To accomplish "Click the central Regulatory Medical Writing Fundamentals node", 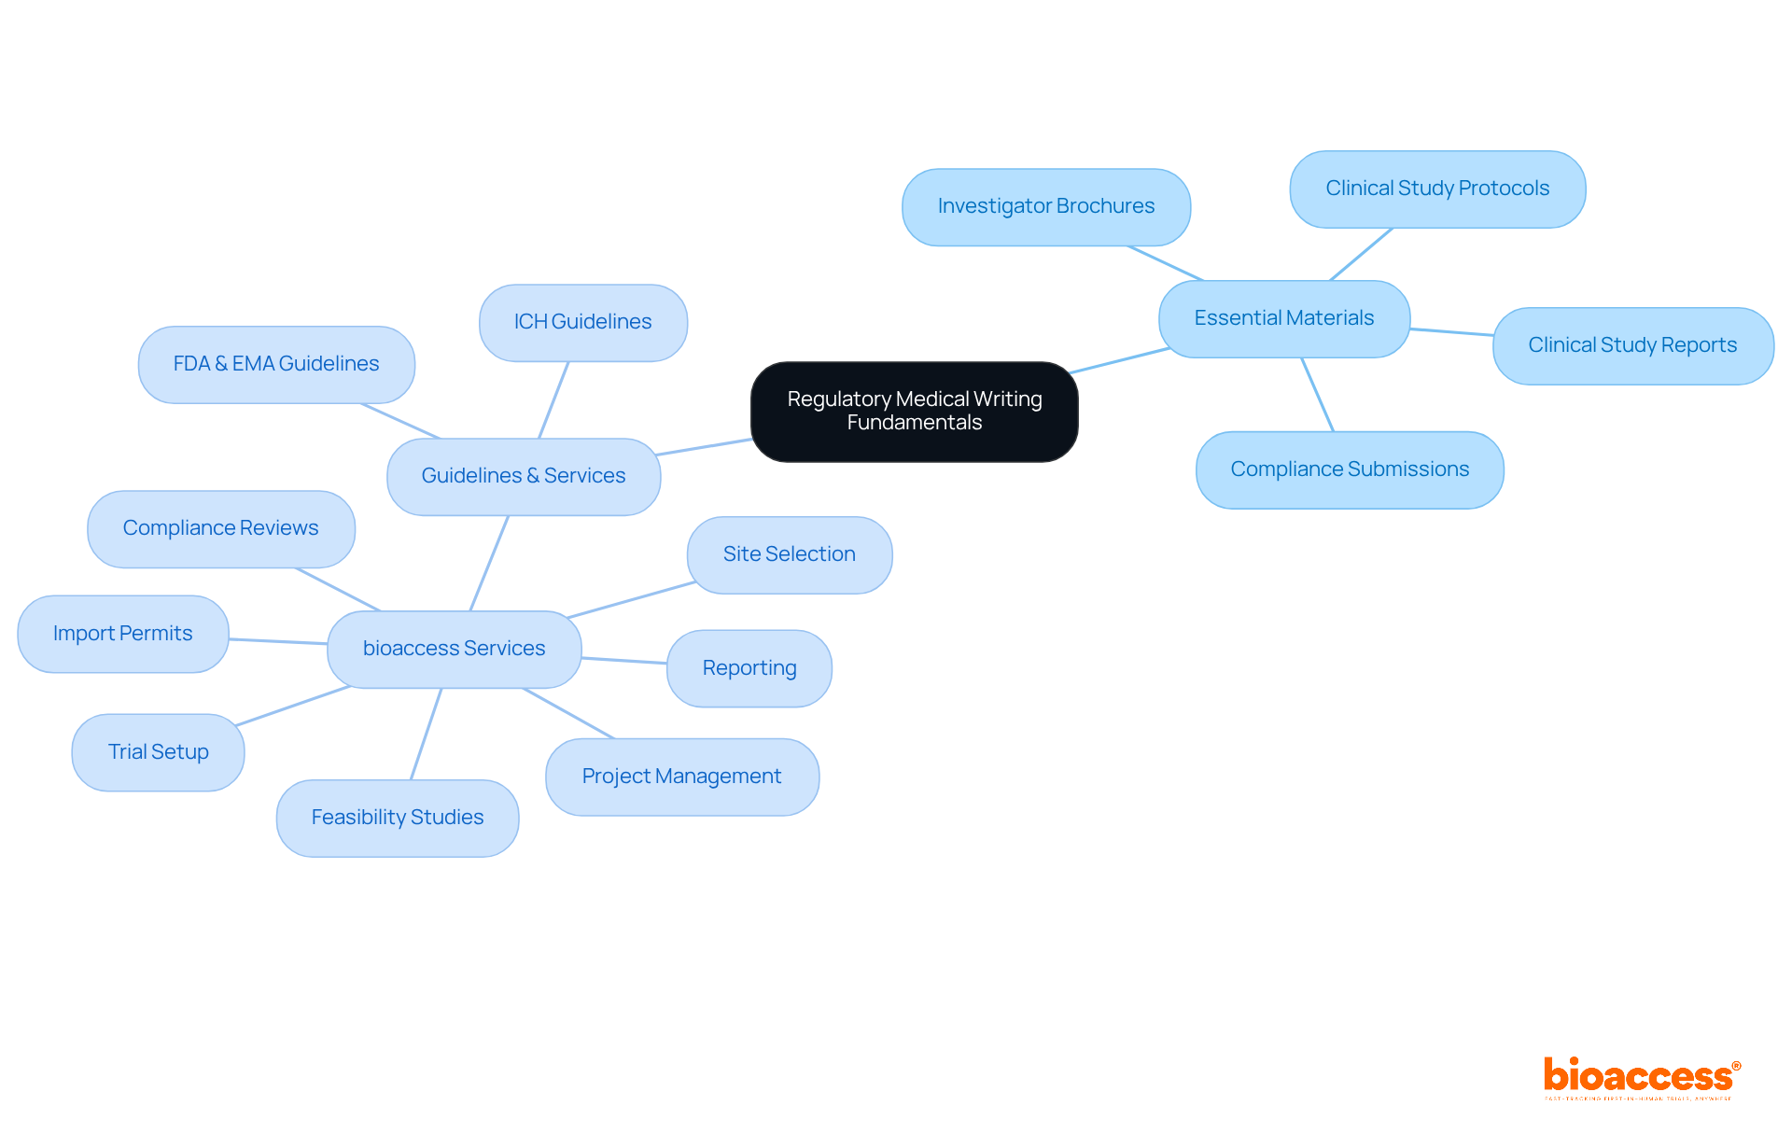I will (915, 412).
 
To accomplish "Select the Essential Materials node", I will (1284, 318).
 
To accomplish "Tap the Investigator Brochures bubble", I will (1046, 206).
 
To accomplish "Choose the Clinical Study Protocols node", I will (1437, 189).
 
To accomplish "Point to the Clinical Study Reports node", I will (1632, 345).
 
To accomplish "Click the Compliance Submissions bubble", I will (1350, 469).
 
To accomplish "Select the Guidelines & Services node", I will (524, 476).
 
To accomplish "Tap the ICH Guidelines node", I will (583, 322).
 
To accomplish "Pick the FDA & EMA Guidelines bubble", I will (276, 364).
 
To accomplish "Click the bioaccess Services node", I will (455, 649).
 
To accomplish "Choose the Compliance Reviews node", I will (221, 528).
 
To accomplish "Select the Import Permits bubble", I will (123, 634).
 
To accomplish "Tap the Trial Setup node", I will (159, 752).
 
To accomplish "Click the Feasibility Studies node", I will (398, 818).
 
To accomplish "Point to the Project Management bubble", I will (682, 777).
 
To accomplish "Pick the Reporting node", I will (749, 668).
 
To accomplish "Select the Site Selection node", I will (790, 554).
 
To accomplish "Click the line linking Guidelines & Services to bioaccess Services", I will (489, 563).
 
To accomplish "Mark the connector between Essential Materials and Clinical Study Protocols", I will (1361, 254).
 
